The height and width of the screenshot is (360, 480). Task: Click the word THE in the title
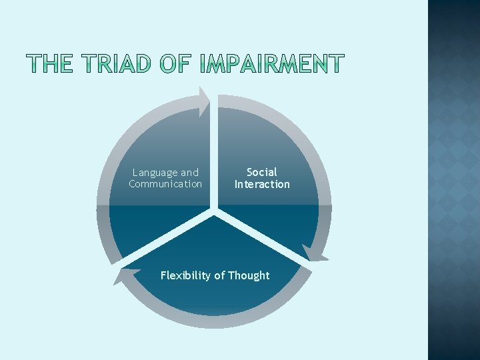pos(48,64)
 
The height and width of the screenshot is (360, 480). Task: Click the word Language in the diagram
pos(155,173)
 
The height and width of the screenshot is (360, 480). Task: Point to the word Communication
pos(165,184)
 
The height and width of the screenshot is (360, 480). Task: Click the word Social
pos(262,172)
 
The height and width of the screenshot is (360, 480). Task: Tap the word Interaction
pos(262,184)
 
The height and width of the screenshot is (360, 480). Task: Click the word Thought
pos(248,275)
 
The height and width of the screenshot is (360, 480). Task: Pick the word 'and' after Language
pos(190,173)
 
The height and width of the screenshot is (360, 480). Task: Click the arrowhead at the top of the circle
pos(203,101)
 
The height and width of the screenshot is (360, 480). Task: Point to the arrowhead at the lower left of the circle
pos(122,275)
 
